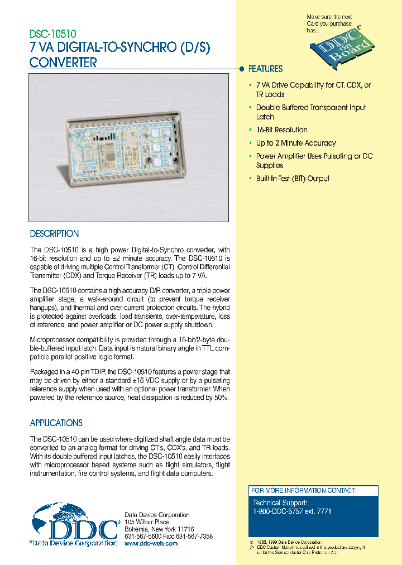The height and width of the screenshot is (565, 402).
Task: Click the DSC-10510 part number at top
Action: point(53,35)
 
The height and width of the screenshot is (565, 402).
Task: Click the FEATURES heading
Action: point(265,69)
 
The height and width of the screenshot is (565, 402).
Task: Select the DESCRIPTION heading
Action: point(54,234)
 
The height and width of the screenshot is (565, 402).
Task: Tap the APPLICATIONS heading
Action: point(56,423)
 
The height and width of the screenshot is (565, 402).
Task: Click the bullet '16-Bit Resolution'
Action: point(281,130)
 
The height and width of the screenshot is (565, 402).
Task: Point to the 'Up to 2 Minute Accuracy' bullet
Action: point(295,143)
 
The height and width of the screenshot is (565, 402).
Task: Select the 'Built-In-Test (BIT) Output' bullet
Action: point(293,179)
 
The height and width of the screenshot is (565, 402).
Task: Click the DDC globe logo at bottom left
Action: point(73,525)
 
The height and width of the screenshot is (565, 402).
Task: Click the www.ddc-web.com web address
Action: point(151,543)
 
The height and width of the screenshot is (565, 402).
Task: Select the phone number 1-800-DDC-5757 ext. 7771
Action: point(292,511)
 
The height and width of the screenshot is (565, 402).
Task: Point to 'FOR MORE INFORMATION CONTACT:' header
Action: point(303,491)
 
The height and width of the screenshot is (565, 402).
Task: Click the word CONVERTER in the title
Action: point(63,63)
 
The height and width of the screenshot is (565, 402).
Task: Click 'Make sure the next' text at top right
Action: point(329,17)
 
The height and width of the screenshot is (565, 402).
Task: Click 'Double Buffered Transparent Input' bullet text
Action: point(311,108)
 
